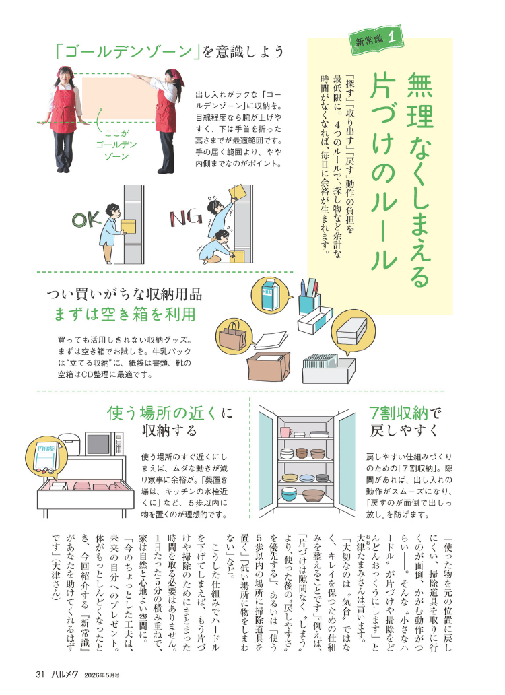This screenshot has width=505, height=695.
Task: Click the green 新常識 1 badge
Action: [376, 40]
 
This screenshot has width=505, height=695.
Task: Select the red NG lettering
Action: [186, 218]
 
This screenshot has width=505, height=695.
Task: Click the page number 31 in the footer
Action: [40, 675]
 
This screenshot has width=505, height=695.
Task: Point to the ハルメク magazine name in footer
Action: [64, 675]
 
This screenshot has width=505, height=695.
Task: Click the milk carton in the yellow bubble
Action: [270, 294]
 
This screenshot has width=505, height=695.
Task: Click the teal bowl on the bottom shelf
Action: [290, 494]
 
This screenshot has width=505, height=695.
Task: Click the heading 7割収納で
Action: [405, 413]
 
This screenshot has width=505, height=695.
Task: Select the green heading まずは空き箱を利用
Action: [125, 315]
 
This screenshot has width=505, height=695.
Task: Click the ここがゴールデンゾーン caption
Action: [116, 145]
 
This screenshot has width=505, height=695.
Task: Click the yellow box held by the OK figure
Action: [129, 226]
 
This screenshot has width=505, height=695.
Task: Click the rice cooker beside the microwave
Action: [70, 443]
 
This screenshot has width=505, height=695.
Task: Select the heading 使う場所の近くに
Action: [170, 413]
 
